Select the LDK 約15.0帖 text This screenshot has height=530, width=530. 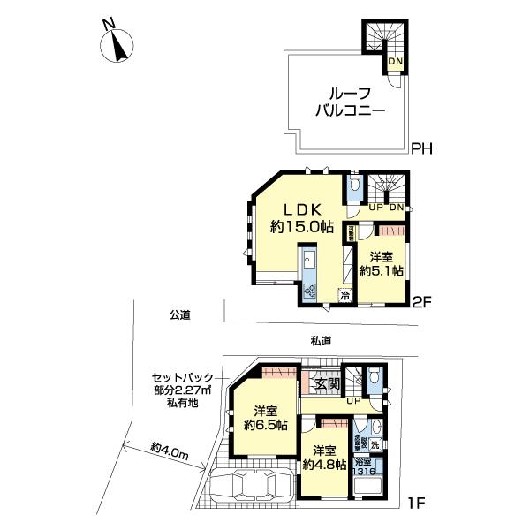tap(301, 217)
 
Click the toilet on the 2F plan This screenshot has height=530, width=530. tap(353, 185)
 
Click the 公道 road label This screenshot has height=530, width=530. tap(182, 314)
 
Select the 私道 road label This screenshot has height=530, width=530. tap(320, 340)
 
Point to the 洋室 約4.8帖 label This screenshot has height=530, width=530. tap(322, 457)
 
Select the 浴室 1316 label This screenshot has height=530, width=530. tap(364, 467)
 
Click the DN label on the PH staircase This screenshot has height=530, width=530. tap(396, 61)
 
